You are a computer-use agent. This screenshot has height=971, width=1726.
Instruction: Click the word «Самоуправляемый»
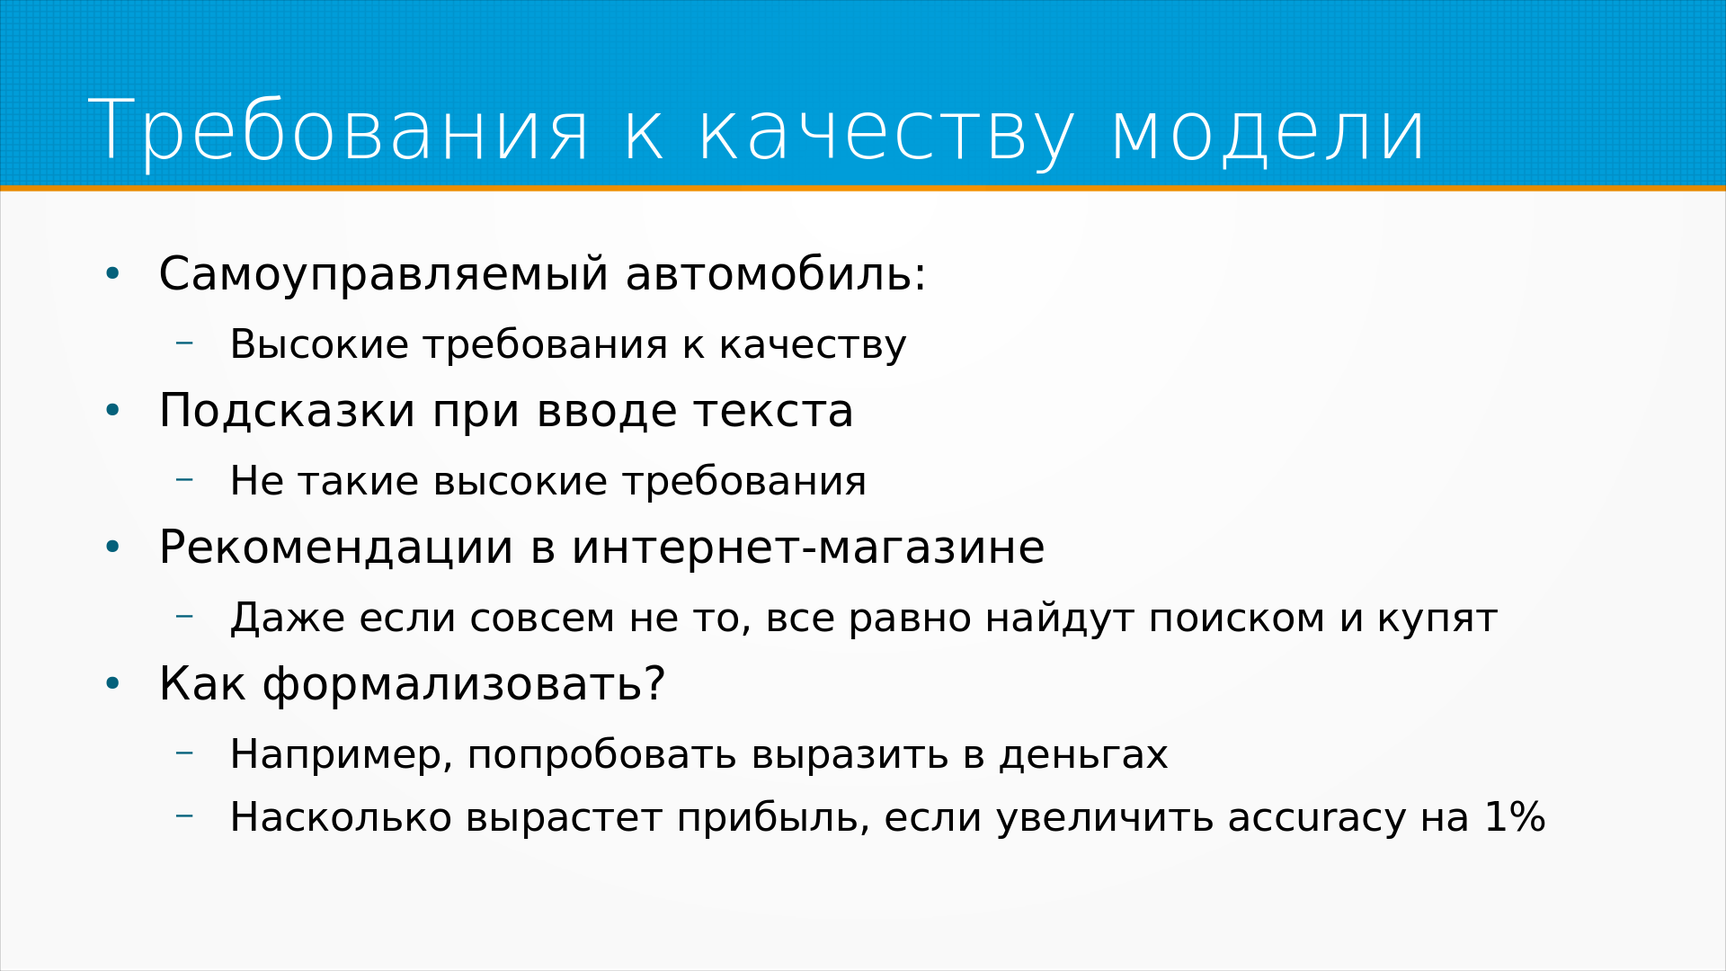coord(384,276)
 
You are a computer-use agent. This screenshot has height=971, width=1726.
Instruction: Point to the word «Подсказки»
coord(288,411)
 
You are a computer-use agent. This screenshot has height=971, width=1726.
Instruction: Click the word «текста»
coord(773,413)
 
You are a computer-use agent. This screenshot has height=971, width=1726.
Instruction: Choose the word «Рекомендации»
coord(336,548)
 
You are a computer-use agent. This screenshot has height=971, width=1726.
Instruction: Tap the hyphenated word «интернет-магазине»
coord(808,548)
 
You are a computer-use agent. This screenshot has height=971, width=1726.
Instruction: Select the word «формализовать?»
coord(464,684)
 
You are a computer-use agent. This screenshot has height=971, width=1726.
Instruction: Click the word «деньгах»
coord(1083,755)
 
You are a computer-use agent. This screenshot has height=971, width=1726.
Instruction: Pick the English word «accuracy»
coord(1316,818)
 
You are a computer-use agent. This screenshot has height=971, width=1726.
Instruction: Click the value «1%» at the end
coord(1515,816)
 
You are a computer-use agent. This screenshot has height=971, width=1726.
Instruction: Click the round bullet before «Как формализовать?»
coord(112,684)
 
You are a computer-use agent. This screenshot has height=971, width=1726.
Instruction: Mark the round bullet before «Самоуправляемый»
coord(112,274)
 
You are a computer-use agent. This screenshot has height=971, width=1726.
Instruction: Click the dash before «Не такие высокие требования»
coord(184,479)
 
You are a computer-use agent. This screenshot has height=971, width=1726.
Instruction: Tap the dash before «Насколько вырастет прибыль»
coord(184,815)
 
